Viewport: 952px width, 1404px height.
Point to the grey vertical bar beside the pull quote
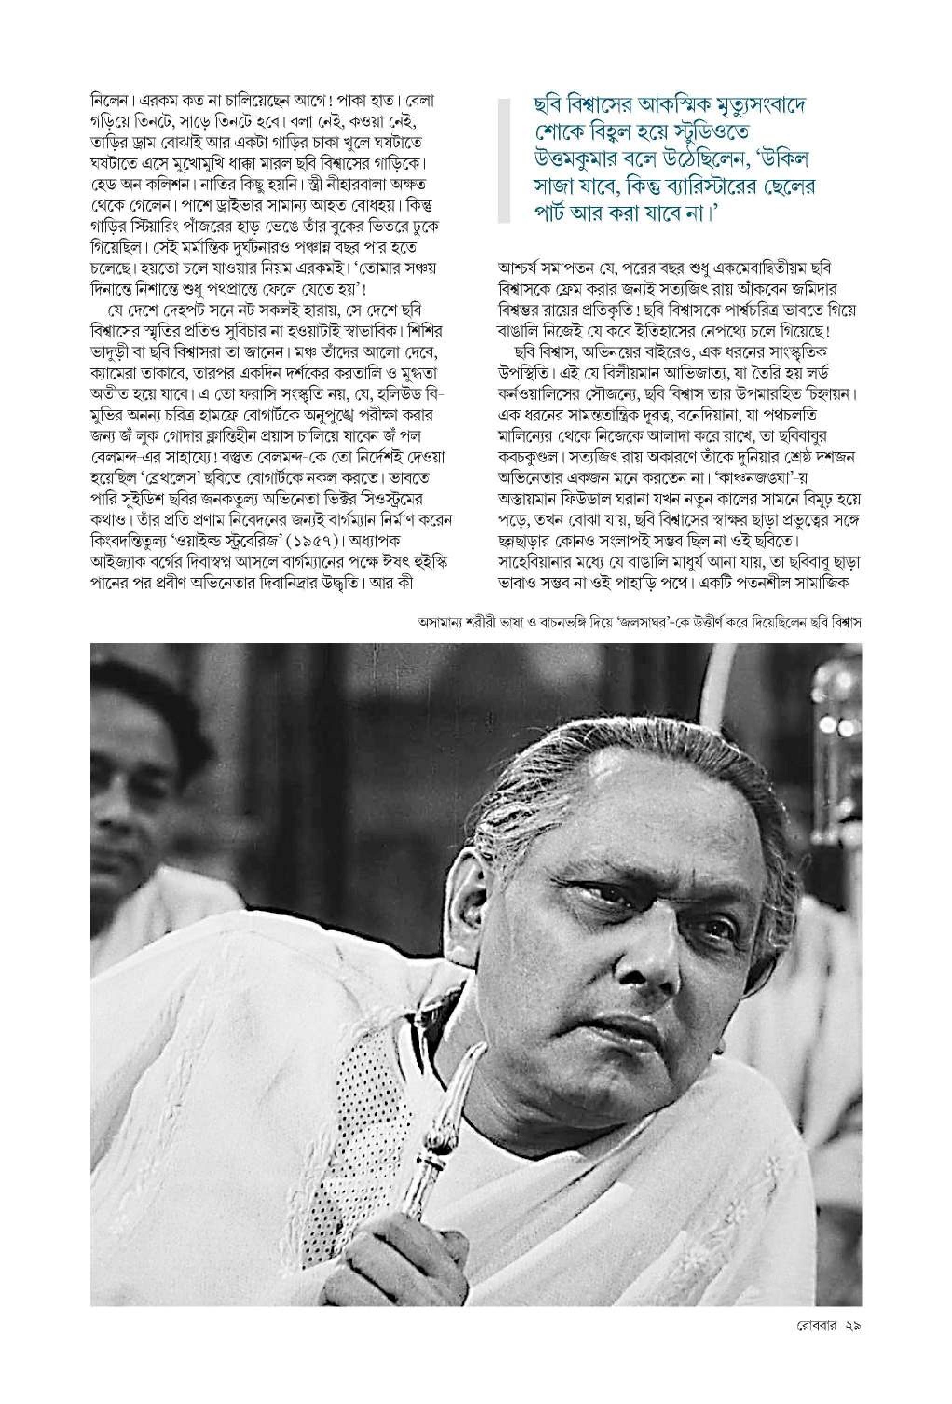pos(503,163)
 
